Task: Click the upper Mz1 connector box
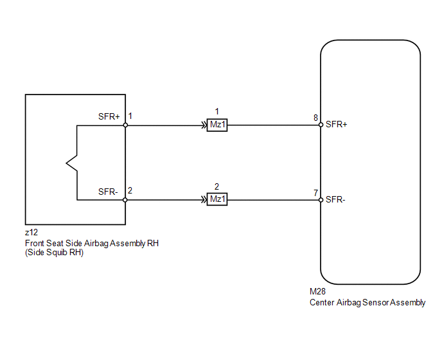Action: (x=217, y=125)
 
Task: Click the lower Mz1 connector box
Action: (x=217, y=199)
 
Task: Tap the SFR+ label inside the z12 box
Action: (x=109, y=116)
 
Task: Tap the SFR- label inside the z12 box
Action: (x=108, y=192)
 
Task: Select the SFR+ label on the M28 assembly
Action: (x=336, y=125)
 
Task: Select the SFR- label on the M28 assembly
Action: (x=335, y=200)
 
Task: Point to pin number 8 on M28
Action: (x=315, y=118)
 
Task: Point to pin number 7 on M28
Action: (x=315, y=193)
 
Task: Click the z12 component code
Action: (x=31, y=233)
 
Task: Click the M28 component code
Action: (x=317, y=291)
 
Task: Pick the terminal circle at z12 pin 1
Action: (x=125, y=125)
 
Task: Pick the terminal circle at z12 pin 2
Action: (x=125, y=200)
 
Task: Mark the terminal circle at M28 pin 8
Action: (x=321, y=125)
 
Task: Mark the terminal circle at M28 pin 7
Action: (x=321, y=200)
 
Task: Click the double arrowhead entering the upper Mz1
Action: (x=204, y=125)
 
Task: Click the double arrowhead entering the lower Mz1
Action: (x=204, y=200)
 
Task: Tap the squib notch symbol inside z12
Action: (x=71, y=163)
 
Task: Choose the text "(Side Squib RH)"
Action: (x=55, y=252)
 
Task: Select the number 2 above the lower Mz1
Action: (x=217, y=187)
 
